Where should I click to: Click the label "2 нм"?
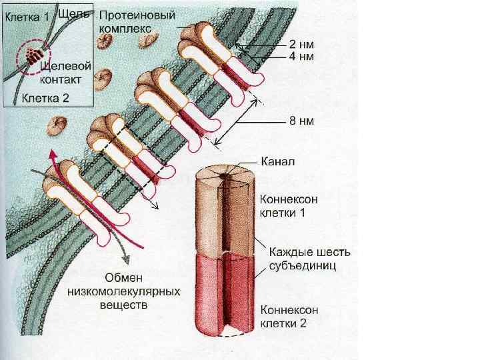(301, 44)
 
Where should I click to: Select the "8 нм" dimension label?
(301, 121)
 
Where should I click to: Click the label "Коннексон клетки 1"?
(287, 205)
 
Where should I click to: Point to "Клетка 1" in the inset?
(27, 18)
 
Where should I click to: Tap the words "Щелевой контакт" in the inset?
(61, 73)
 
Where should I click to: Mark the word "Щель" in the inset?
(74, 13)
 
